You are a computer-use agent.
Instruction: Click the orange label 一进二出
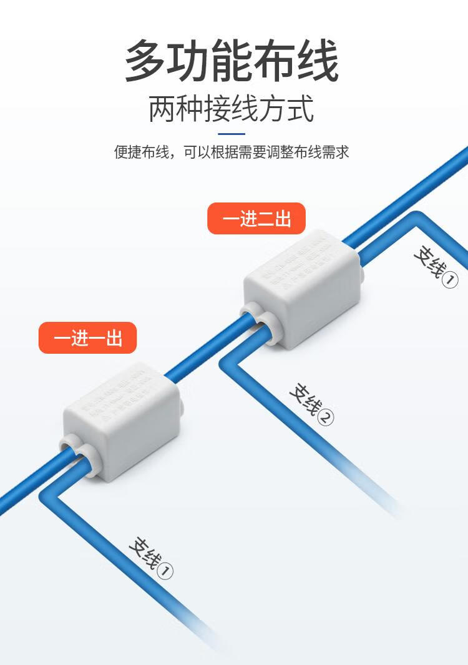256,219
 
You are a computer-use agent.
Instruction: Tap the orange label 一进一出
87,338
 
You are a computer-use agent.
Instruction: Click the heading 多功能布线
232,61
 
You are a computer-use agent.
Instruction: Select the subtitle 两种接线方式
232,109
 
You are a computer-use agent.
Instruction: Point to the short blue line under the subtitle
232,134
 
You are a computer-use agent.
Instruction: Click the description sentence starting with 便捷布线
232,152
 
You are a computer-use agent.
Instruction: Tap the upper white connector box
302,288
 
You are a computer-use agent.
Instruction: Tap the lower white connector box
122,419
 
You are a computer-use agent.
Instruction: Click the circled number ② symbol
326,417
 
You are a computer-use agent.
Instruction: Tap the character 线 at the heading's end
317,61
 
